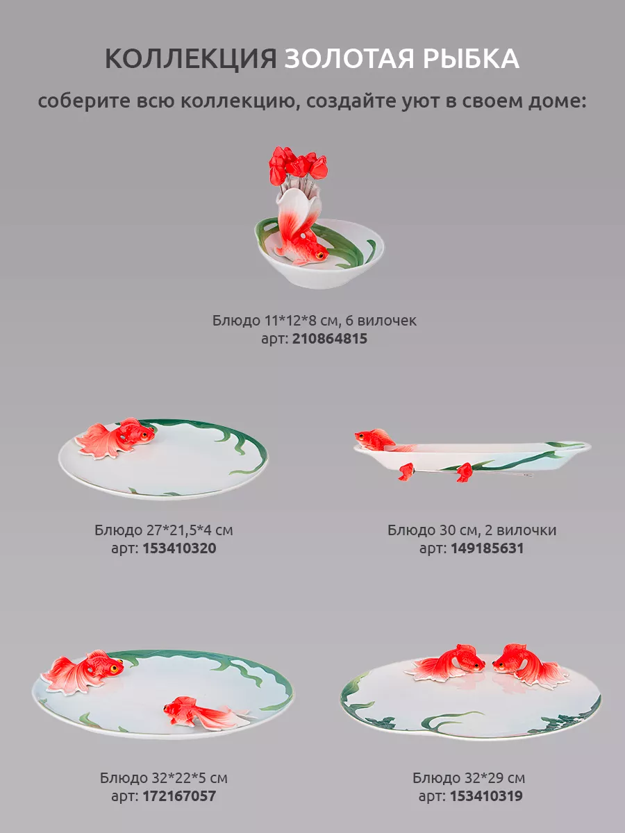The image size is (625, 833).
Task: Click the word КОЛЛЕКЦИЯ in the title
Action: click(191, 58)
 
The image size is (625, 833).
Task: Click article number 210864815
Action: click(329, 339)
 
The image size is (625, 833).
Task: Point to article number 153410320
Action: click(179, 548)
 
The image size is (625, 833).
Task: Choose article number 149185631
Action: click(487, 548)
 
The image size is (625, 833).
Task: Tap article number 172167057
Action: click(179, 796)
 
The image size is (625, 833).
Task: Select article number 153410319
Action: click(486, 796)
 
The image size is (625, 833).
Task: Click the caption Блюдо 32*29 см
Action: click(469, 777)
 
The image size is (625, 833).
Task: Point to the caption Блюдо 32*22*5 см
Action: click(164, 777)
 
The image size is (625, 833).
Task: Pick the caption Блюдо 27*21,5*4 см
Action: click(164, 530)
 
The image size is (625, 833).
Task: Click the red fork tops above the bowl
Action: click(297, 165)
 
